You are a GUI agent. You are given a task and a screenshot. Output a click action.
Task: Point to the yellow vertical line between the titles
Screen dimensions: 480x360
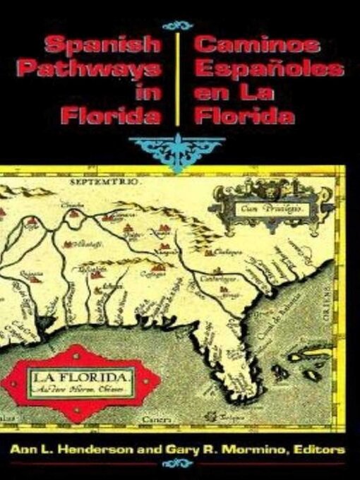click(176, 78)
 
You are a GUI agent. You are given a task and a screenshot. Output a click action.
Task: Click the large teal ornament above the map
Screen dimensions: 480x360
click(176, 149)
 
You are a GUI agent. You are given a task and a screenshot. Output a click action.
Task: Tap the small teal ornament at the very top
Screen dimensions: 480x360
click(176, 24)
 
